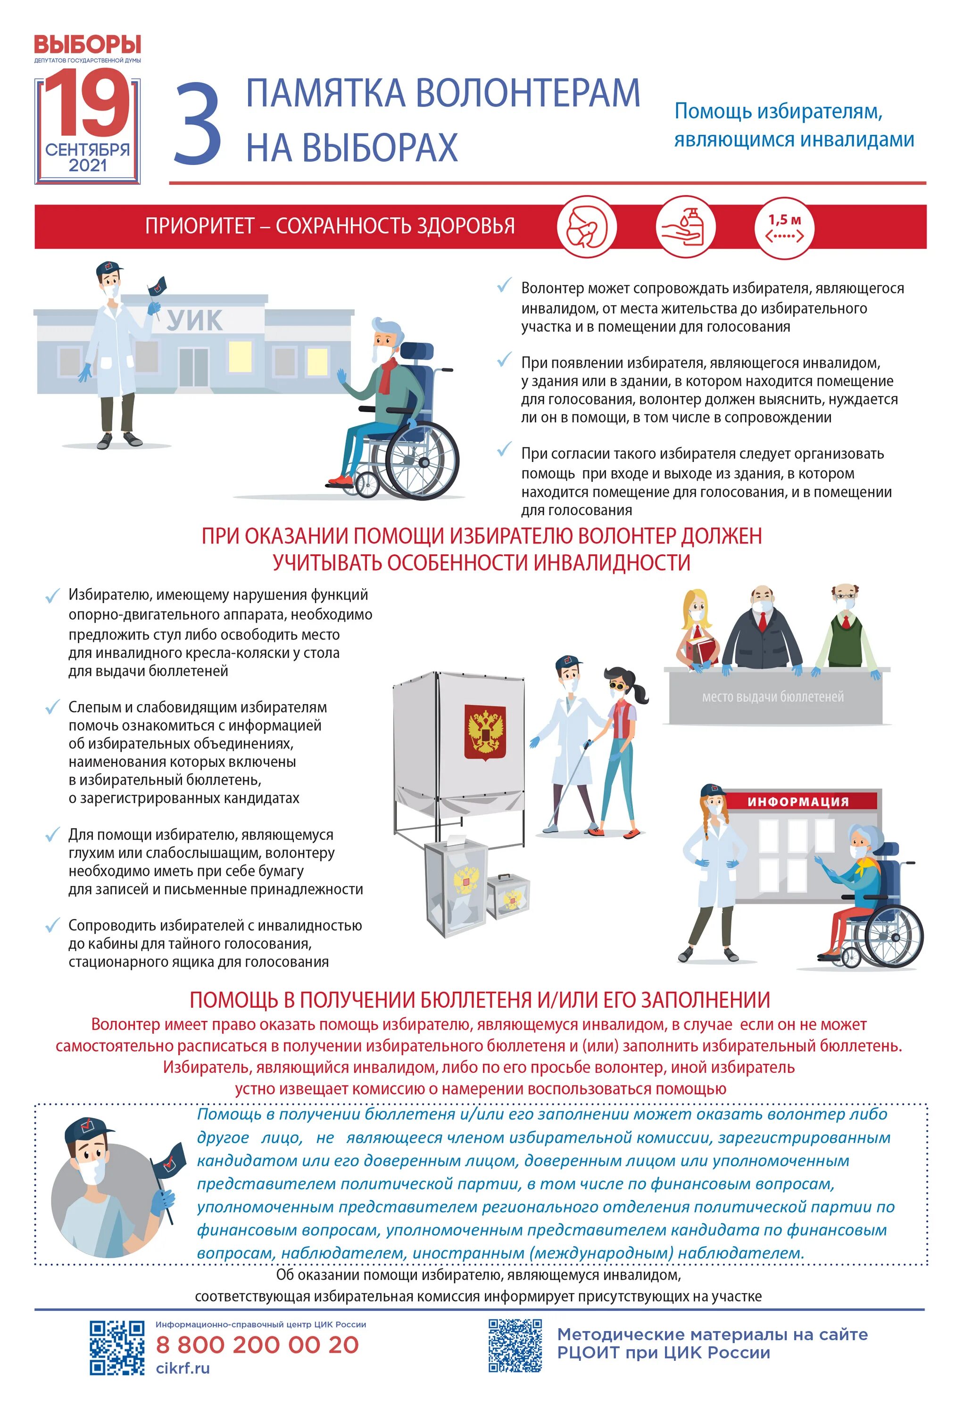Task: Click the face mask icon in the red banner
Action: (x=587, y=226)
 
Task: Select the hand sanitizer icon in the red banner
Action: (x=685, y=226)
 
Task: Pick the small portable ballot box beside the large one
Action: (x=508, y=895)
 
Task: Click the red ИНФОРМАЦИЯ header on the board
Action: (x=798, y=802)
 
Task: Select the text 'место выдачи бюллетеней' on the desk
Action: (x=772, y=697)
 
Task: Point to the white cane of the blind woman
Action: (x=569, y=785)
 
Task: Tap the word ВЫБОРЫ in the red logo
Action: (x=87, y=44)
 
